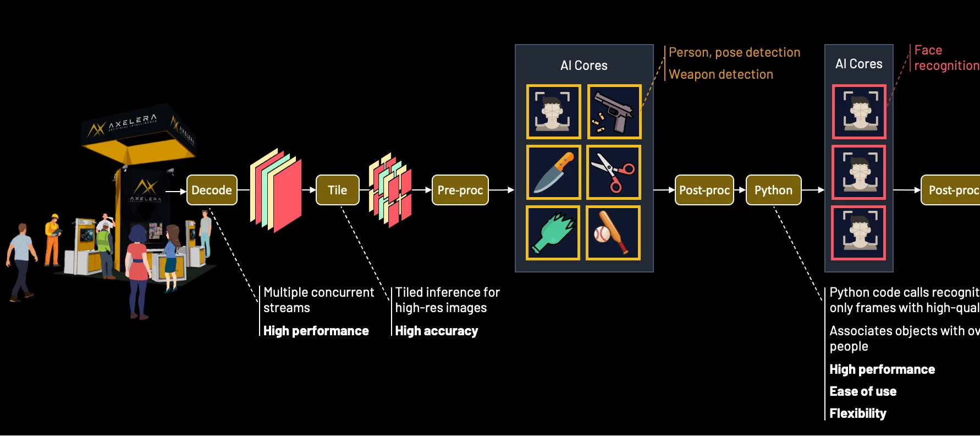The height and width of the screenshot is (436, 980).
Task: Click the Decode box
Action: point(212,190)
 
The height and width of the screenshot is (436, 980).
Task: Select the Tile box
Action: point(337,190)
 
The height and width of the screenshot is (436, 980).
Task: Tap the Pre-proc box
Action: point(460,190)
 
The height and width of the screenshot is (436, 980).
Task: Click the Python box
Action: point(773,190)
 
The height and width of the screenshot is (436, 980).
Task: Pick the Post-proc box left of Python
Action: point(704,190)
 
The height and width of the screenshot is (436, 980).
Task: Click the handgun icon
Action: point(614,112)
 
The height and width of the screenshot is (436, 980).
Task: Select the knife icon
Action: point(553,172)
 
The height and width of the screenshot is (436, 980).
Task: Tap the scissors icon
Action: point(613,172)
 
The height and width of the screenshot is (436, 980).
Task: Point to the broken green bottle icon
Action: point(553,233)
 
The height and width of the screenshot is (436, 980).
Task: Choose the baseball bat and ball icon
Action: point(613,233)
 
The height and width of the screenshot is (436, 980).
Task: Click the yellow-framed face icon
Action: point(553,112)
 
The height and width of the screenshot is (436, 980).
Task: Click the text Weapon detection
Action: point(720,74)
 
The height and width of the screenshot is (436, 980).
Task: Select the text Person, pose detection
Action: point(734,52)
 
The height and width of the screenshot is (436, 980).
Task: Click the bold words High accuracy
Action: point(436,331)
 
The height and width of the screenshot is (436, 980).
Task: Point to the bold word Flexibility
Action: point(857,413)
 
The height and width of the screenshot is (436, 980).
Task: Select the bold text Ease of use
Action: point(862,391)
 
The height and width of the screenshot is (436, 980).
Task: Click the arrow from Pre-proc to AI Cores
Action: point(501,190)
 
